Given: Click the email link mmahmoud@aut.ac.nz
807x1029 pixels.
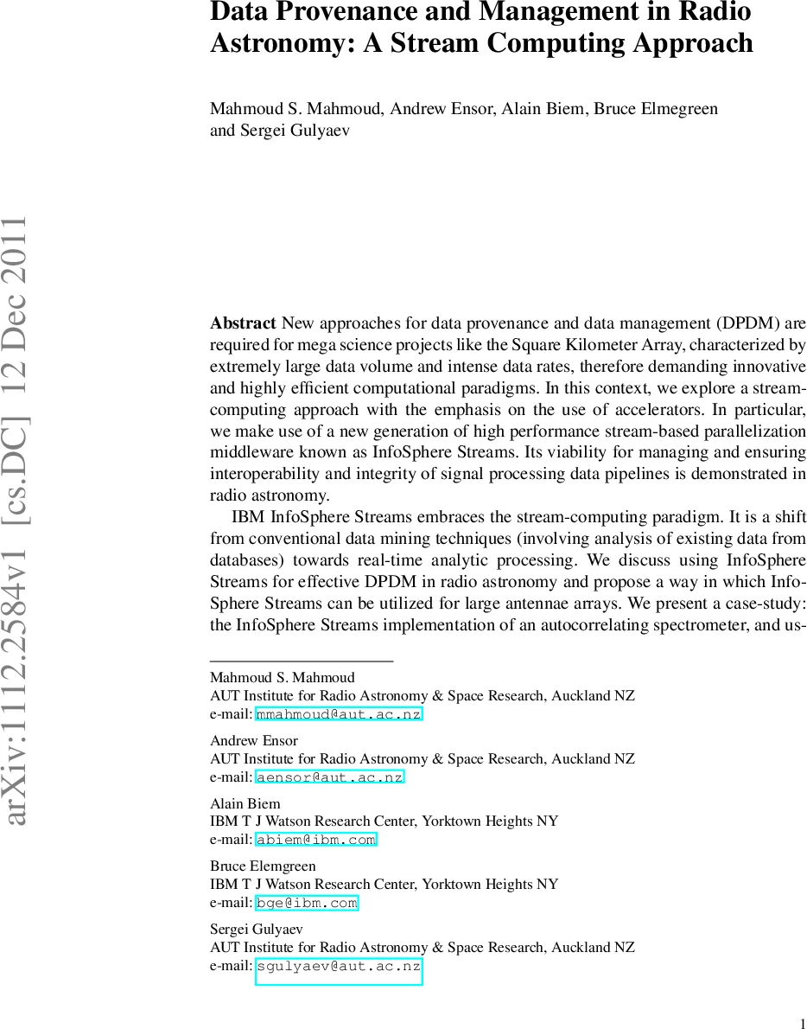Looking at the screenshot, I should (339, 714).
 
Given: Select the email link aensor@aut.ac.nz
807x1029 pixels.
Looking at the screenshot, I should (330, 777).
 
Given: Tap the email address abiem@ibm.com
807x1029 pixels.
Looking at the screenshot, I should (316, 840).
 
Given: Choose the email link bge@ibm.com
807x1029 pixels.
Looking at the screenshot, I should (307, 903).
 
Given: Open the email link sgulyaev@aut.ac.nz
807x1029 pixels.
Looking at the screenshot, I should (339, 966).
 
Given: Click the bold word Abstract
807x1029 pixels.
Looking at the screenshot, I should (243, 323).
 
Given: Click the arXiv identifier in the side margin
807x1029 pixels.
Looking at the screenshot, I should (19, 519).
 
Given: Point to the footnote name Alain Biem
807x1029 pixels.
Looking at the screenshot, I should (245, 803).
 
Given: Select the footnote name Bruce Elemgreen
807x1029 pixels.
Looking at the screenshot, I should (263, 866).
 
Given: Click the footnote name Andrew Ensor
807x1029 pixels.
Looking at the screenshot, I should (254, 740).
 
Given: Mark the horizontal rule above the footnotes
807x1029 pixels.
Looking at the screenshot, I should (302, 661).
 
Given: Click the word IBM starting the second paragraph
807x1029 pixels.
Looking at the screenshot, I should (249, 517).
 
